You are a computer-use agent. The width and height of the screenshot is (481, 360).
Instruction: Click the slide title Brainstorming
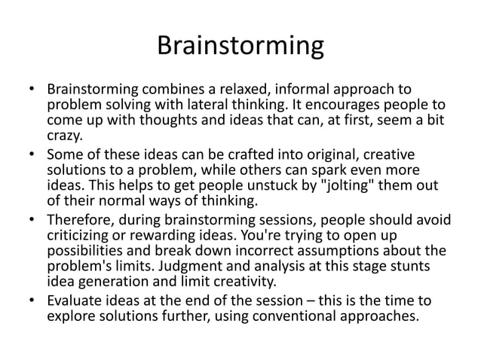click(x=240, y=47)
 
